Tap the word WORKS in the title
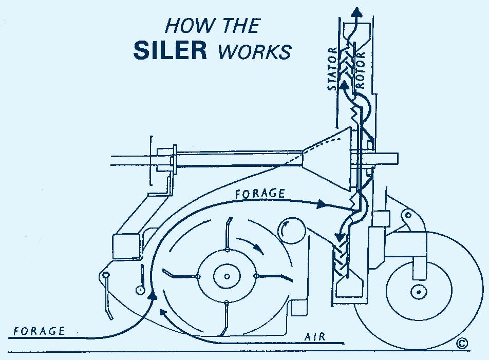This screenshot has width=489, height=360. [254, 51]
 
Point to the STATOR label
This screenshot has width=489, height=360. [332, 68]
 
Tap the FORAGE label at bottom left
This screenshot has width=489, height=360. [40, 331]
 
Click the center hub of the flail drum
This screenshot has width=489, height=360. [227, 276]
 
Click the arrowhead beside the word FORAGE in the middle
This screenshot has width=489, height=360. [322, 204]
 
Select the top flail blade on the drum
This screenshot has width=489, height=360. [228, 234]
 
